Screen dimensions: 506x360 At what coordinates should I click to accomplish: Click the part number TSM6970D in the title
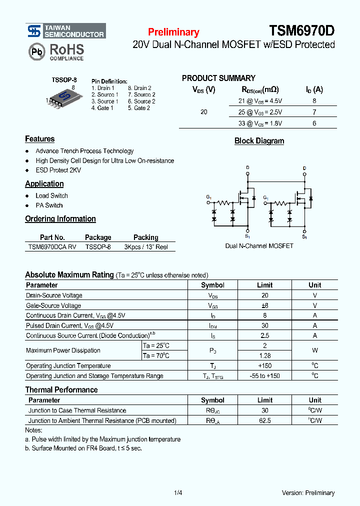(x=302, y=31)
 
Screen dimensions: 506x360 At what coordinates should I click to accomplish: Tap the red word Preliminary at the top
(x=173, y=32)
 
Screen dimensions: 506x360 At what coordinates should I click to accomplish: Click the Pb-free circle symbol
(x=36, y=51)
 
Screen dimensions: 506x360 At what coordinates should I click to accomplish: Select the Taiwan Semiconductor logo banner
(x=66, y=31)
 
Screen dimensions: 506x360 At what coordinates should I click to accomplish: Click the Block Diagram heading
(x=259, y=141)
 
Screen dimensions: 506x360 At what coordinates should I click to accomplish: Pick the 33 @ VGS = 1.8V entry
(x=260, y=123)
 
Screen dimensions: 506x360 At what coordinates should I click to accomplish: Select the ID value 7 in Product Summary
(x=314, y=112)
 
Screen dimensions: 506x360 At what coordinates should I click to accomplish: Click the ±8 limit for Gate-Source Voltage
(x=264, y=305)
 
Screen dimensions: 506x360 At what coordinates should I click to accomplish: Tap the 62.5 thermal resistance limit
(x=264, y=420)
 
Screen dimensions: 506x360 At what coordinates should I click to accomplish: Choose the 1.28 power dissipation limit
(x=264, y=355)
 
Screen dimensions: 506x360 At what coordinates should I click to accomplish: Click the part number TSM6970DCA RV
(x=52, y=247)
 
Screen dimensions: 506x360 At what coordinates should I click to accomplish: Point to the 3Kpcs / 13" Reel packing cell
(x=146, y=247)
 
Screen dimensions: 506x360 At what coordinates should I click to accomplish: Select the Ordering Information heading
(x=60, y=219)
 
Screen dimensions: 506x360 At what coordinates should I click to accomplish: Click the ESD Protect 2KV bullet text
(x=58, y=170)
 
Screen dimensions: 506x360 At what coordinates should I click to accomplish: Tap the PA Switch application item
(x=49, y=205)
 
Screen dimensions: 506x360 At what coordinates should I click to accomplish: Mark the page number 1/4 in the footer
(x=178, y=493)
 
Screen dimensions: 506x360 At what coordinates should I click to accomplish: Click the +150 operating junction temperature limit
(x=264, y=365)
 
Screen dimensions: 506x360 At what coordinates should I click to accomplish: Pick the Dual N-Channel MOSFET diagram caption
(x=259, y=246)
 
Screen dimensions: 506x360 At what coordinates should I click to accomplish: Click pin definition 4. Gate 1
(x=102, y=108)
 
